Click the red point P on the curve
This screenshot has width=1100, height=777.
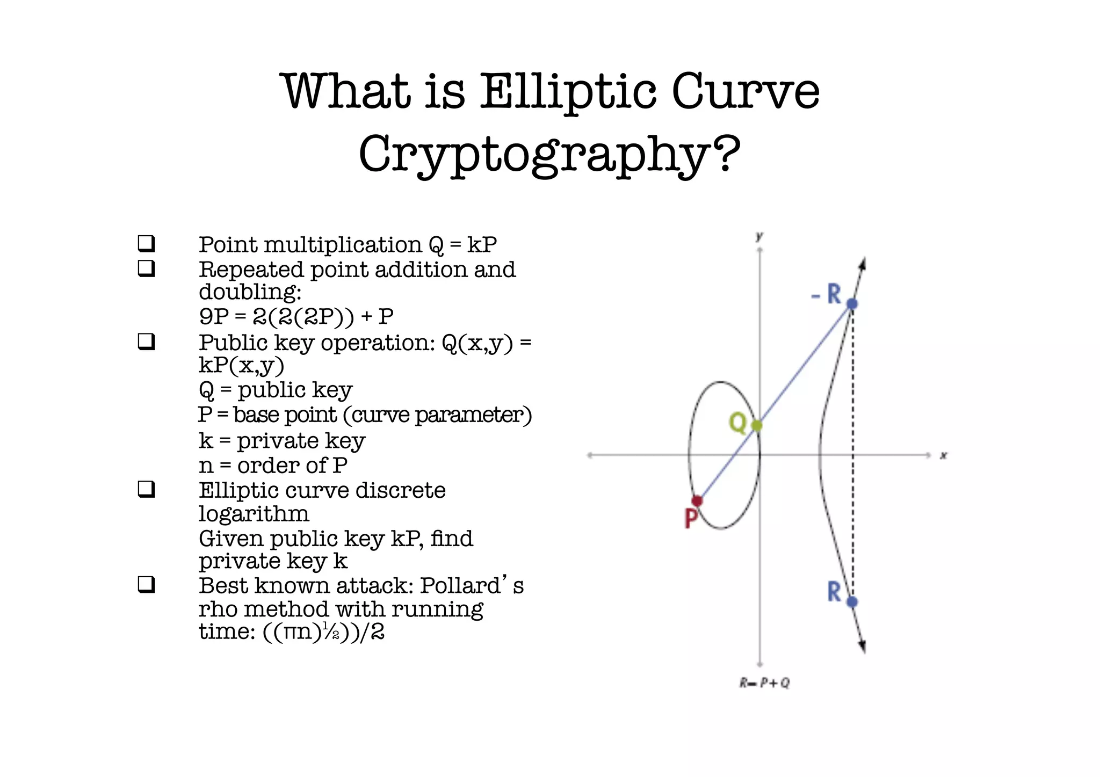pos(697,501)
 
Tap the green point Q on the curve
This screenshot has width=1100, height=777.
pos(757,426)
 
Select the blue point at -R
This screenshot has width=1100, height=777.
pos(852,304)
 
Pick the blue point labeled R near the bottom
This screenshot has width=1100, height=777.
pos(852,602)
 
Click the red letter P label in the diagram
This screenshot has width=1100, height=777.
pos(691,519)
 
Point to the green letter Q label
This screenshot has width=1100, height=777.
pos(737,423)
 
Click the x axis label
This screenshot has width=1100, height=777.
pos(943,456)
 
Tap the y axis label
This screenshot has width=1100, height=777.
pos(759,237)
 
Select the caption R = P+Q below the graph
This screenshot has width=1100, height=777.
pos(764,683)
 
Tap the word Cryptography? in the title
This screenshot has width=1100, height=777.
pos(549,154)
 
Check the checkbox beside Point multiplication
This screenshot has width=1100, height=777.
pos(147,244)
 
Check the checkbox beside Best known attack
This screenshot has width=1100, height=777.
pos(147,584)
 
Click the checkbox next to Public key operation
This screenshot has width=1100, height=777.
pos(147,342)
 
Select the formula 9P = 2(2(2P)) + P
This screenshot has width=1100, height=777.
pos(296,317)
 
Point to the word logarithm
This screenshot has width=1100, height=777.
pos(254,514)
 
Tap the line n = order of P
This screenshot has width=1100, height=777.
pos(273,466)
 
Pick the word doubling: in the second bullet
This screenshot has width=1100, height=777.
pos(250,293)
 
